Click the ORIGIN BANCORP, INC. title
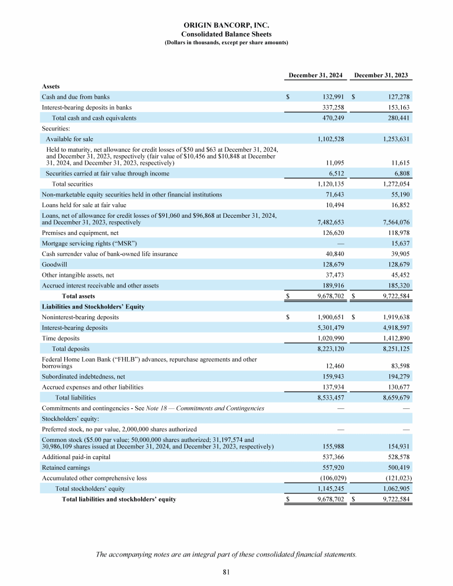(226, 27)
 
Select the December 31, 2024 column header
(314, 75)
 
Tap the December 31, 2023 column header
(380, 75)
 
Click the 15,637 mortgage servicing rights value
(398, 243)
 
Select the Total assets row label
(78, 296)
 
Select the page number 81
(226, 571)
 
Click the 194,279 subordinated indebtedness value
(396, 376)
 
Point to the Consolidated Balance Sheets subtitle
(226, 35)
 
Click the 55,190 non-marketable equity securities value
(398, 194)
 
